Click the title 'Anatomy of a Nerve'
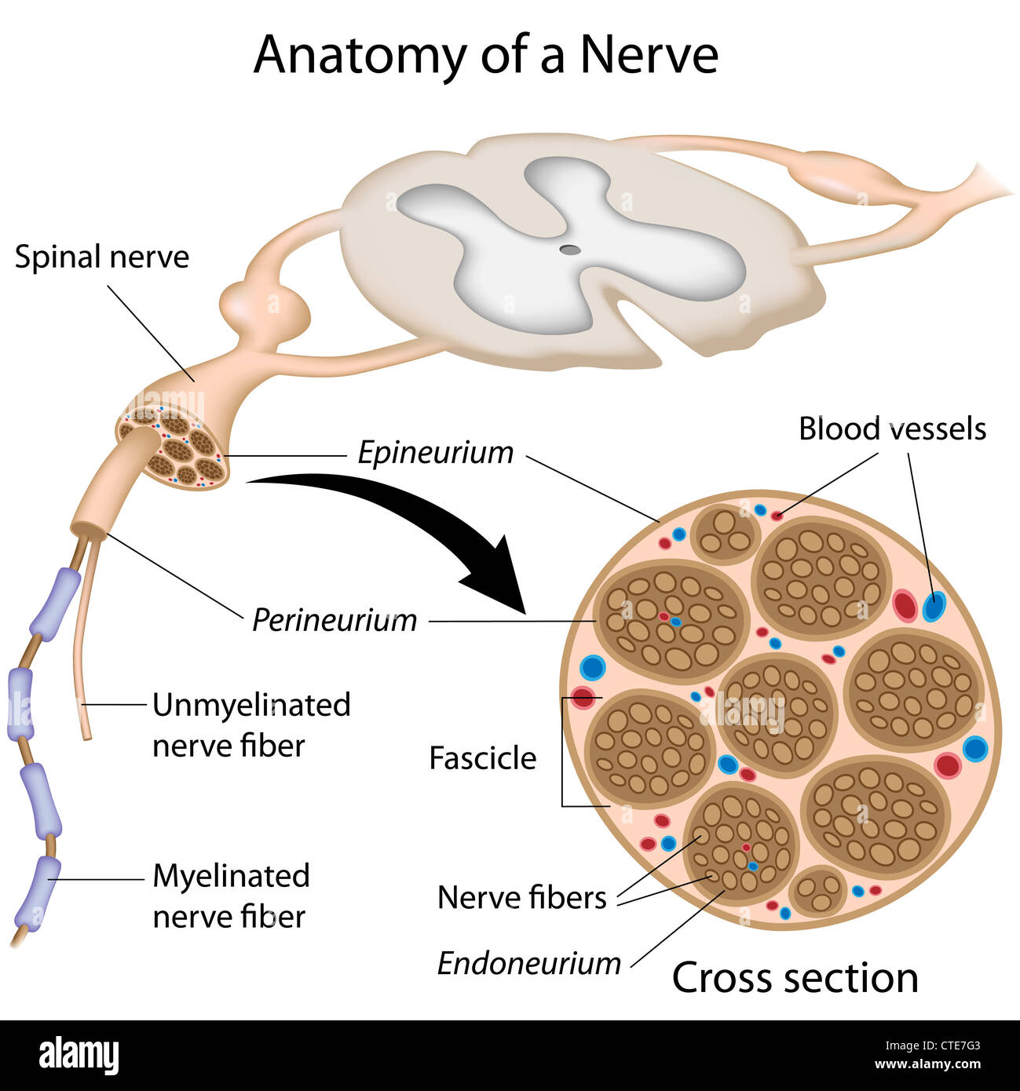(x=485, y=55)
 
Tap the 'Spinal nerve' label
(x=102, y=257)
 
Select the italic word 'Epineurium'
(x=436, y=453)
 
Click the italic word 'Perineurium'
(x=335, y=620)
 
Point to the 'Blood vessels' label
(x=892, y=429)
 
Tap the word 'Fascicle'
(x=482, y=758)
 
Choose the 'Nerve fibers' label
(x=521, y=897)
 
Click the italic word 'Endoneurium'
(x=528, y=963)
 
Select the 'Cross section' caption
(x=795, y=978)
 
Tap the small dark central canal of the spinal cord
(x=570, y=250)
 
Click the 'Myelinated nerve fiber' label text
(x=231, y=896)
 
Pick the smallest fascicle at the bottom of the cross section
(x=817, y=892)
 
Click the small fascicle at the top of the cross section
(x=726, y=534)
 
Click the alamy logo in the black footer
(x=79, y=1055)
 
